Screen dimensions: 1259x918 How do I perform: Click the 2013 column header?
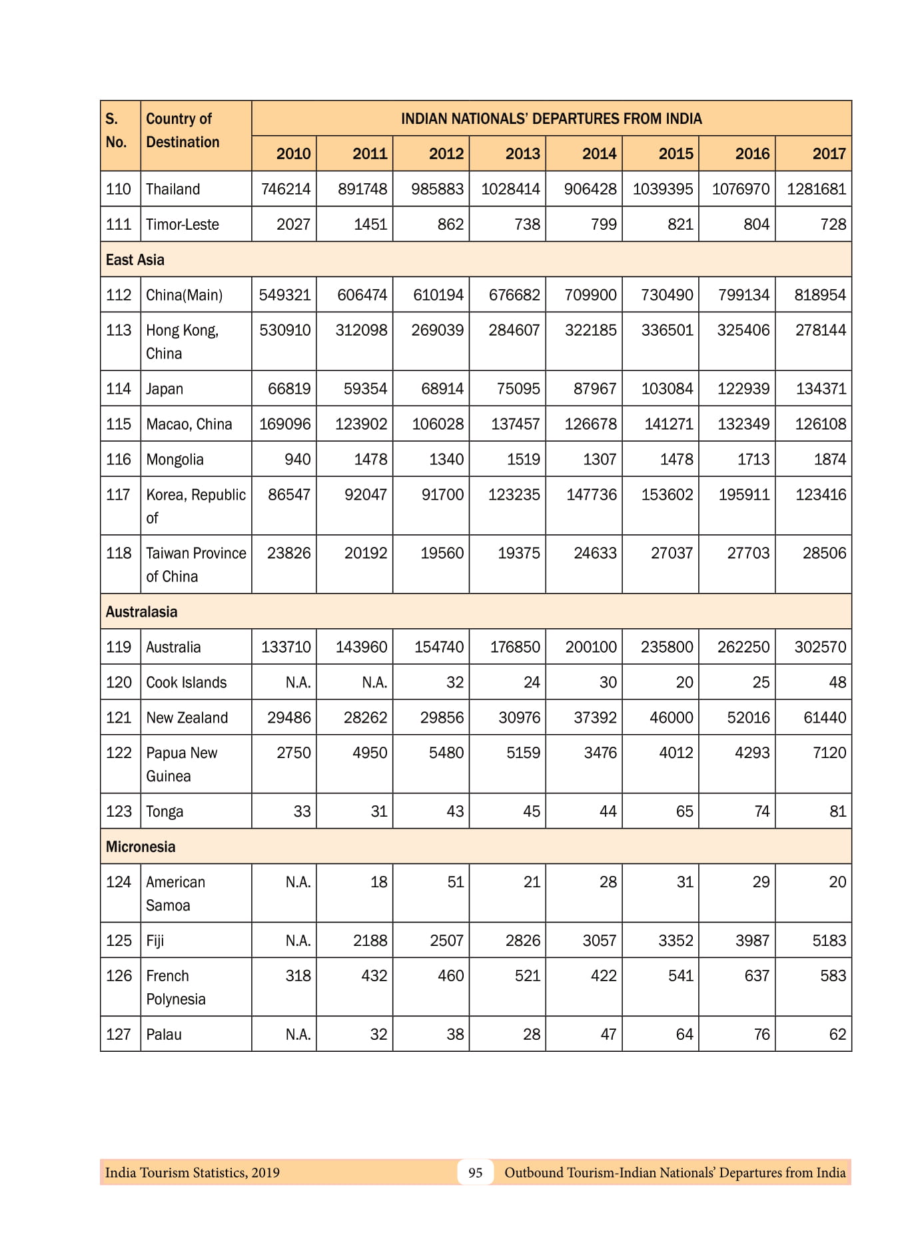click(522, 154)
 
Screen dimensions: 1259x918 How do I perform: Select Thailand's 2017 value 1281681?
click(816, 189)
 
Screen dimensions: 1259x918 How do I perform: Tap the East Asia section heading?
click(135, 260)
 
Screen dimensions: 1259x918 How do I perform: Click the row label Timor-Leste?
click(183, 224)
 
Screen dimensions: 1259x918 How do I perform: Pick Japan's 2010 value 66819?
click(289, 389)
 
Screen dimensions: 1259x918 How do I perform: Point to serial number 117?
click(119, 495)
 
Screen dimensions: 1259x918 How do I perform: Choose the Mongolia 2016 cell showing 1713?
click(753, 460)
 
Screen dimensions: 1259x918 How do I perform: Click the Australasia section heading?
click(142, 612)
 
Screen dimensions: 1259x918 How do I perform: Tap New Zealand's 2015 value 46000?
click(671, 718)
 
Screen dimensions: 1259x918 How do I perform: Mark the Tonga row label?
click(165, 812)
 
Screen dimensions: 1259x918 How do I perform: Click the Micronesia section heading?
click(141, 847)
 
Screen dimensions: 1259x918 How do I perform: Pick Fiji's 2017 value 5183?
click(829, 941)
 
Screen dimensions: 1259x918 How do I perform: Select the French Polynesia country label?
click(176, 987)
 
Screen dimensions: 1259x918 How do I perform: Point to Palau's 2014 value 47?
click(608, 1035)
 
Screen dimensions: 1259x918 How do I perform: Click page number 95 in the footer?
click(475, 1173)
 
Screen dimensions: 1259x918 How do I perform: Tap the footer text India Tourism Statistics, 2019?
click(193, 1173)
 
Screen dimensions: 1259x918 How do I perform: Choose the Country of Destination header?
click(183, 131)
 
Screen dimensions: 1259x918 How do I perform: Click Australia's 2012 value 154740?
click(438, 647)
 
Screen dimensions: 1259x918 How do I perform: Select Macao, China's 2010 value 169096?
click(284, 424)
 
